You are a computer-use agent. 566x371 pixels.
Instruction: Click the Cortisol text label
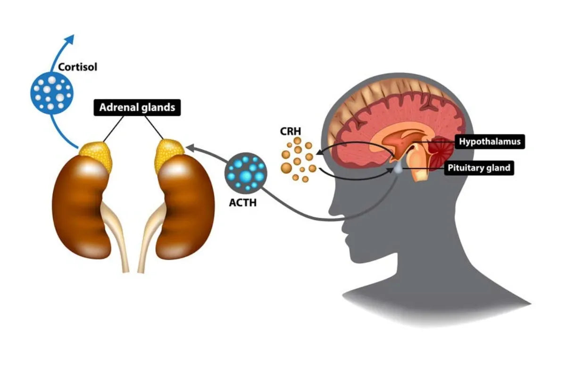click(x=77, y=67)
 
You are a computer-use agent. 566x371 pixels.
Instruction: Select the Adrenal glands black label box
click(x=137, y=107)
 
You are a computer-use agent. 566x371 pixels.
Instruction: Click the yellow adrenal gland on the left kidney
click(x=96, y=153)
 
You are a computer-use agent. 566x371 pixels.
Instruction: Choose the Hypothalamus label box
click(x=491, y=141)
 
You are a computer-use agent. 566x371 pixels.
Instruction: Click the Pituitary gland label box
click(x=479, y=168)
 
